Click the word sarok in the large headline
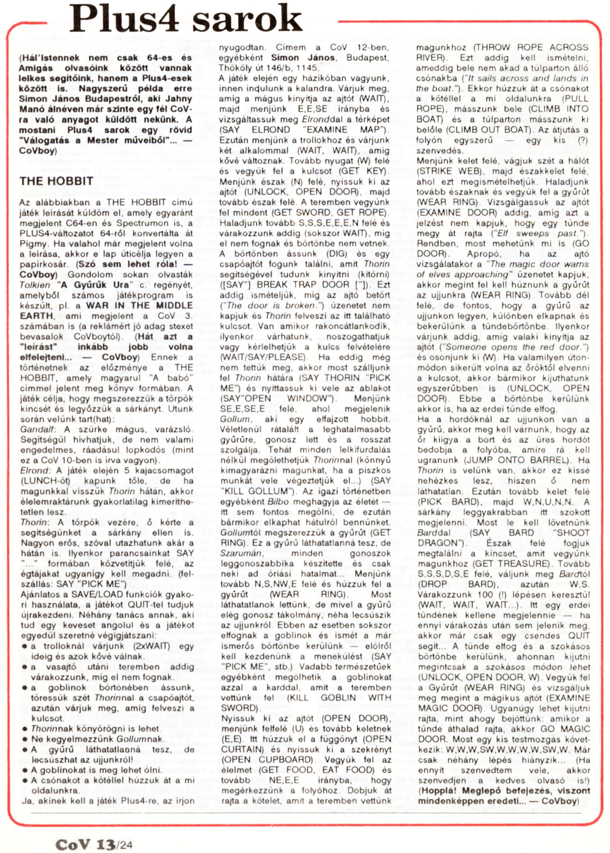click(x=247, y=19)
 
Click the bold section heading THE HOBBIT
click(x=56, y=181)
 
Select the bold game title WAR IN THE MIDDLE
click(x=140, y=306)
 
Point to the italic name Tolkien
click(x=35, y=285)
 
